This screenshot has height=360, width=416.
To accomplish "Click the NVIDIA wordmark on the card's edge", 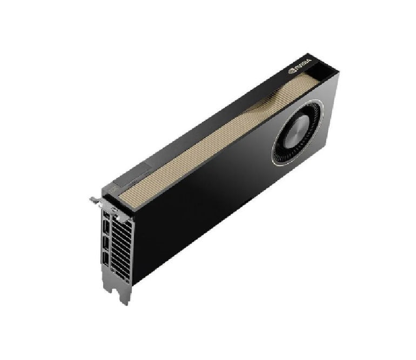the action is tap(303, 64).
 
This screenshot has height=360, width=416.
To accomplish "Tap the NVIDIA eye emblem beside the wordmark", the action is tap(292, 71).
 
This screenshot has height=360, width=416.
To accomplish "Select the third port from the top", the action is tap(105, 242).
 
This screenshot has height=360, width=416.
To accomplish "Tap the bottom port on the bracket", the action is tap(105, 258).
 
